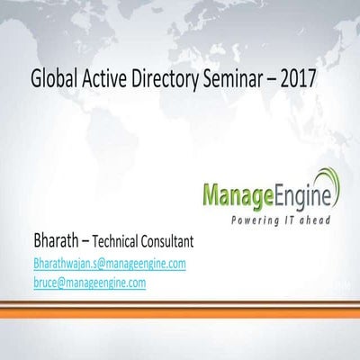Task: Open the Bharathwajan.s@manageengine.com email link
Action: pyautogui.click(x=109, y=264)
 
